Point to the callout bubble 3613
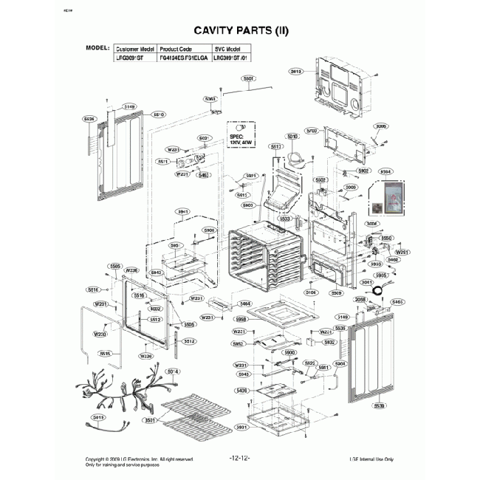coord(296,71)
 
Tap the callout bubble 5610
coord(158,114)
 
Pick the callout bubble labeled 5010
coord(292,137)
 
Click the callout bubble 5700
coord(312,130)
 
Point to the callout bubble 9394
coord(385,171)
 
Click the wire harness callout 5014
coord(174,370)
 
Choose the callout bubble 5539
coord(380,405)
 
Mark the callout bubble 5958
coord(241,319)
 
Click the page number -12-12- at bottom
coord(240,459)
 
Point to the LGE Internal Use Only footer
coord(371,459)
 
